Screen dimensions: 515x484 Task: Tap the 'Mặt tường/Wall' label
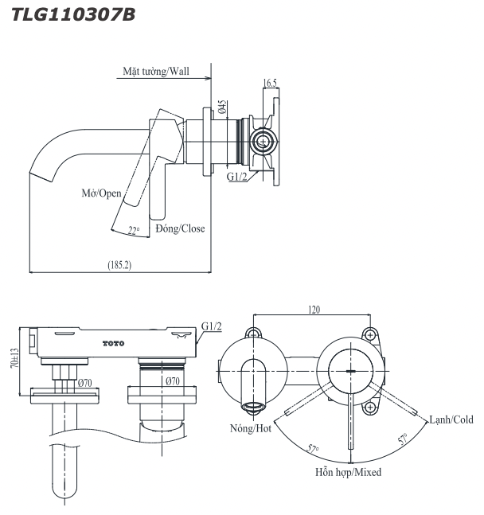click(156, 71)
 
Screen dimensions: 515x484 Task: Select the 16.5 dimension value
click(270, 83)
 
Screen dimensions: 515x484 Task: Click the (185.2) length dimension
click(119, 263)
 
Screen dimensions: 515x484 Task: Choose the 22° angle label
click(134, 231)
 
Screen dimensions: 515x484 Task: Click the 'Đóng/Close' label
click(180, 228)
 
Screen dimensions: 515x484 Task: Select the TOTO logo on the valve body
click(114, 342)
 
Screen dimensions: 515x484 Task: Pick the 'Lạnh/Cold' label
click(451, 419)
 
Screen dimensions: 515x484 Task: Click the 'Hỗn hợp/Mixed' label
click(347, 472)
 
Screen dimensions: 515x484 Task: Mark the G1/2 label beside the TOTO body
click(212, 326)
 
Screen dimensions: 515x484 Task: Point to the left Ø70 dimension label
click(84, 382)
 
